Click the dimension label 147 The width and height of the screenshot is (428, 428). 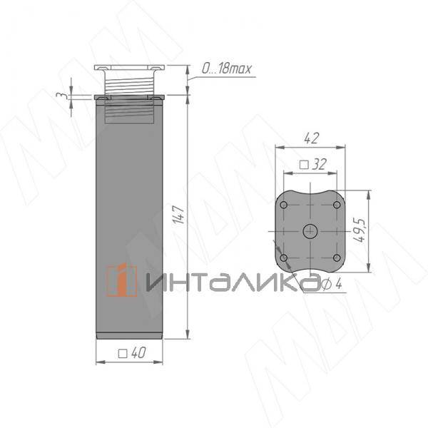click(x=180, y=215)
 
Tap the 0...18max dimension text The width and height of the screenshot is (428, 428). click(x=226, y=68)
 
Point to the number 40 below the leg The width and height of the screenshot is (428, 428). click(x=138, y=352)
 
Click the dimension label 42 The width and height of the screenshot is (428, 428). click(x=311, y=138)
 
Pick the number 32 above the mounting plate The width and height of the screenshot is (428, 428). click(x=319, y=164)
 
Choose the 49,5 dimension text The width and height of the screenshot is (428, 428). click(x=360, y=230)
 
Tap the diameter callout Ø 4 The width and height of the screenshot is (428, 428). click(x=332, y=285)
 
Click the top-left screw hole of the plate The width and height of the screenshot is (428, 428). click(x=284, y=205)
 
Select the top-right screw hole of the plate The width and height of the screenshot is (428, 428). click(x=337, y=205)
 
